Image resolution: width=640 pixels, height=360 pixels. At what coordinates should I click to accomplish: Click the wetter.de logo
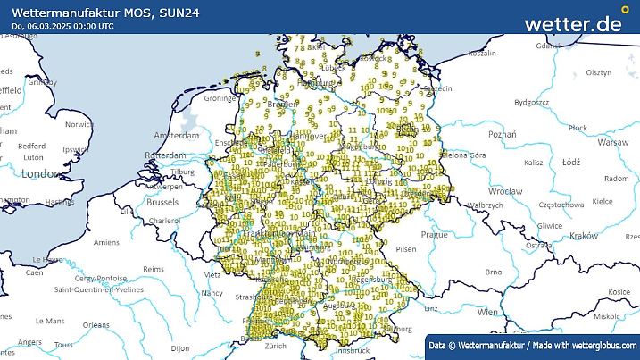point(572,23)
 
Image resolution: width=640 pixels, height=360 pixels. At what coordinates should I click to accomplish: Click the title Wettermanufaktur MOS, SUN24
point(88,10)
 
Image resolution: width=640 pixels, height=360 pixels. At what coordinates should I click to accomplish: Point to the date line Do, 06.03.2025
point(62,25)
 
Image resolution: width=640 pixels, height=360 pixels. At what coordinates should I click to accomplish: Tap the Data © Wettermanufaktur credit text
point(533,345)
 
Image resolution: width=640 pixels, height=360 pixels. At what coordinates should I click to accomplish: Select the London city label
point(39,173)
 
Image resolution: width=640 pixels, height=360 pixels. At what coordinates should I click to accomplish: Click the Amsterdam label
point(176,137)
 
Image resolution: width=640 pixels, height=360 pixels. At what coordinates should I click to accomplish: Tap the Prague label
point(434,234)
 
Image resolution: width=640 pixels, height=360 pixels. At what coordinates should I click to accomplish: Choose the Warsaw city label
point(612,142)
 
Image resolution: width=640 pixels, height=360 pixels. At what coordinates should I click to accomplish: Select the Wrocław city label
point(504,191)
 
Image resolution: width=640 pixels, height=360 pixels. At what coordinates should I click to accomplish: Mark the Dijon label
point(180,347)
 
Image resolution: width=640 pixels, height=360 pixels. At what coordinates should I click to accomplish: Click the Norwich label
point(79,125)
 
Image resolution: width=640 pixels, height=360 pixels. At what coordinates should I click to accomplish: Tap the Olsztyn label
point(599,72)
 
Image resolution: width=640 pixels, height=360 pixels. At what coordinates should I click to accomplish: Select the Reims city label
point(154,269)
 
